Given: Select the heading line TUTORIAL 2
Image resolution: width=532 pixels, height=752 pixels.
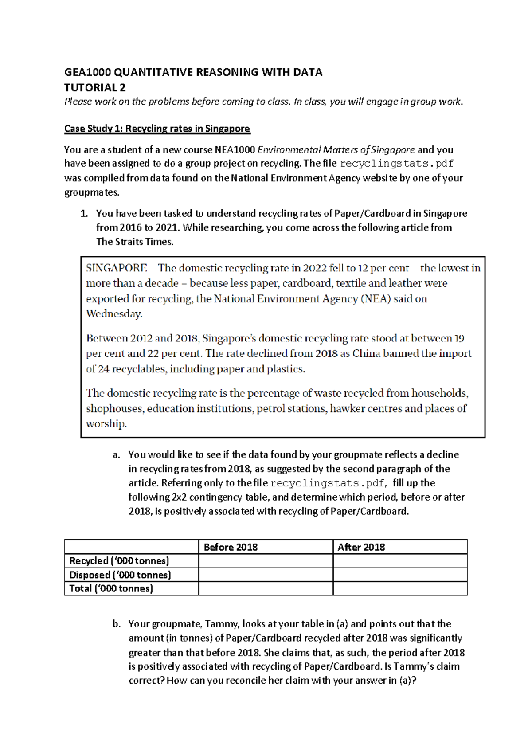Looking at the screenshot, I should [x=95, y=87].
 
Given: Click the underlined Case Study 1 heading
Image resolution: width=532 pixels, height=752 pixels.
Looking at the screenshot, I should [x=157, y=129].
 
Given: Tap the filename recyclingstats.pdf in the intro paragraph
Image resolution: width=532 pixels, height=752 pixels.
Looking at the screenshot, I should [x=396, y=164].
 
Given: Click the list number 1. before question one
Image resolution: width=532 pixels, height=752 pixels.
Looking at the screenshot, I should [x=84, y=214].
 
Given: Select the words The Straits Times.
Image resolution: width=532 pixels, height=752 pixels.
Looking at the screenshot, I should [x=134, y=242].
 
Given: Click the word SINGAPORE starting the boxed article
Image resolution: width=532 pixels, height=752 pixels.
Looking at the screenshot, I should [x=116, y=268].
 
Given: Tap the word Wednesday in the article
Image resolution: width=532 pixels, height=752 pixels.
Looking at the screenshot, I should [x=114, y=314].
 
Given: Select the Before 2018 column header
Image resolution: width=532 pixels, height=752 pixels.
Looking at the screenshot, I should [x=231, y=547].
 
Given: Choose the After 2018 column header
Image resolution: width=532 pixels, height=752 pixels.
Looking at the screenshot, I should [x=361, y=547].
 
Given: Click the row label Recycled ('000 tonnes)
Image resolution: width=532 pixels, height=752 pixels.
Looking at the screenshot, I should [x=119, y=561].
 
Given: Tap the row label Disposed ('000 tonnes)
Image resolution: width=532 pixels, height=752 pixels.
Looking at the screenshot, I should [x=120, y=575].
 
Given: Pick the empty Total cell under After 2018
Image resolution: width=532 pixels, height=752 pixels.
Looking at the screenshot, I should [x=400, y=589].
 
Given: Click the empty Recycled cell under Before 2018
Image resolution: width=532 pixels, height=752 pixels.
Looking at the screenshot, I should [x=266, y=561].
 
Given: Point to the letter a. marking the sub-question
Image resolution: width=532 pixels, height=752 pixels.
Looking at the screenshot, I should [x=116, y=455].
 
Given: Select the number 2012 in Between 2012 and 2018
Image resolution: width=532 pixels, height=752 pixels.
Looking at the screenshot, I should [x=141, y=338].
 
